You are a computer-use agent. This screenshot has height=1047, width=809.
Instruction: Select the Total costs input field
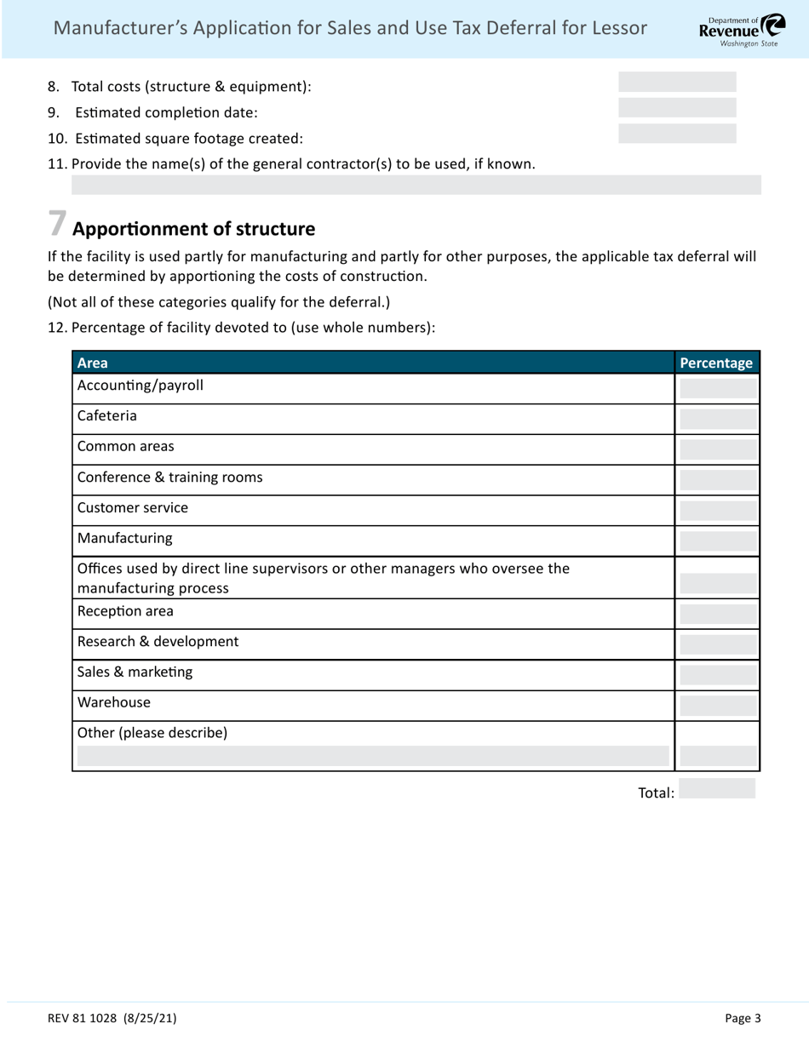click(x=677, y=83)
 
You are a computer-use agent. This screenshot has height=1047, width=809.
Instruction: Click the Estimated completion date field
click(x=677, y=108)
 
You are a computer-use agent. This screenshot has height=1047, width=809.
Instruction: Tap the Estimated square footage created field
click(x=677, y=134)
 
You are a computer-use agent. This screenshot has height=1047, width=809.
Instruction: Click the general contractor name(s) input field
click(x=416, y=186)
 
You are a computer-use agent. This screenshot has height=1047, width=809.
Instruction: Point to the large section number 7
click(x=57, y=224)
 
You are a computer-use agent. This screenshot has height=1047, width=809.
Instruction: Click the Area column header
click(x=93, y=363)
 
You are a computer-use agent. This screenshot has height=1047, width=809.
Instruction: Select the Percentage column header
click(x=716, y=363)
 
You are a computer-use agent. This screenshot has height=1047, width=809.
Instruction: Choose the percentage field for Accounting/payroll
click(x=718, y=389)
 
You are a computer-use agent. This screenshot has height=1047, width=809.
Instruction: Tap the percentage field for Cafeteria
click(x=718, y=419)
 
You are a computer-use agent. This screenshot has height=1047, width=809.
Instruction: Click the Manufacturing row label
click(x=124, y=538)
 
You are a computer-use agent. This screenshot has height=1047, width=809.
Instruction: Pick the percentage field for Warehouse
click(x=718, y=705)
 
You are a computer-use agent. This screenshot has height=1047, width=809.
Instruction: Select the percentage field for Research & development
click(x=718, y=644)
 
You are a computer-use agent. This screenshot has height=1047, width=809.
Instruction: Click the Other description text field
click(x=373, y=756)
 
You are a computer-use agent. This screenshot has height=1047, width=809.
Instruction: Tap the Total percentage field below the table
click(x=717, y=789)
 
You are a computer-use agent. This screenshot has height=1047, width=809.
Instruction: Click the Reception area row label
click(x=125, y=611)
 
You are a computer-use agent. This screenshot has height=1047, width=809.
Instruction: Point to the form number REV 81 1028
click(x=112, y=1018)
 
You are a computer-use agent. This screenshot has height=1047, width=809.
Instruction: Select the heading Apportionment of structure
click(x=193, y=229)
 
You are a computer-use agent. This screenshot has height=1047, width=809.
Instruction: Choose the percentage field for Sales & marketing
click(x=718, y=675)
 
